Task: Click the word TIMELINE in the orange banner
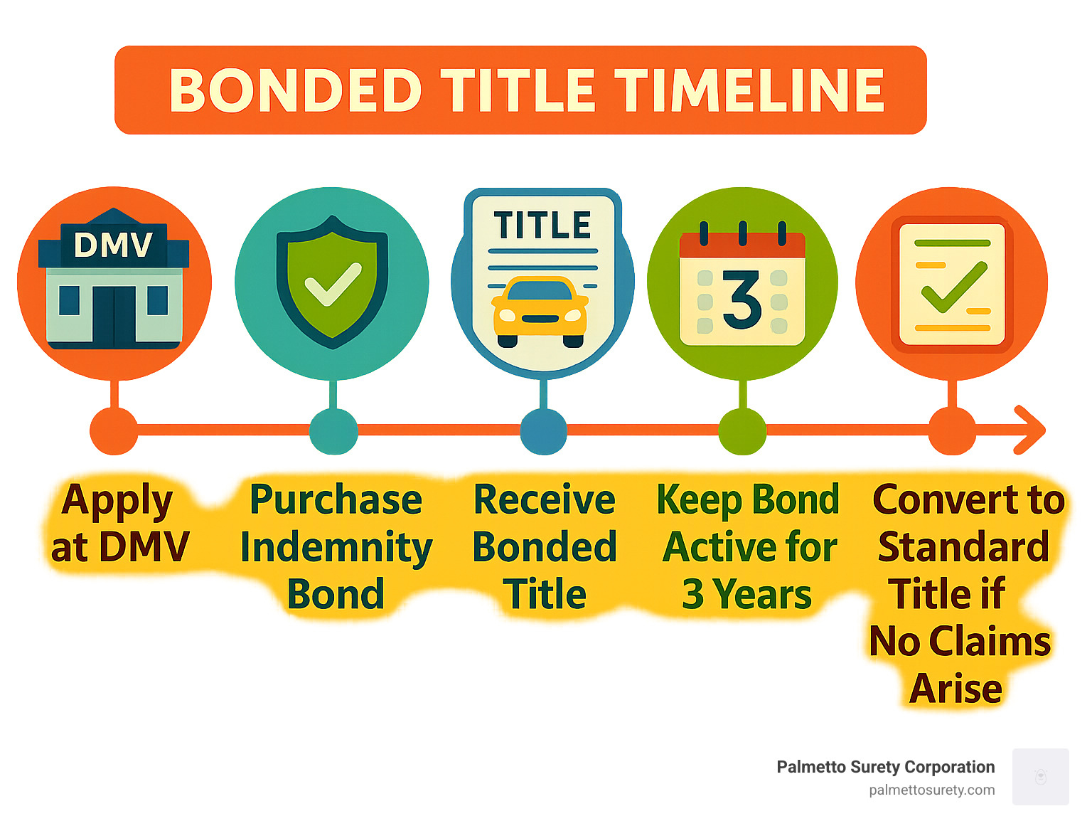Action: [x=749, y=91]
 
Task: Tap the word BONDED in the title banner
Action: [x=295, y=91]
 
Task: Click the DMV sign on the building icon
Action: [x=113, y=245]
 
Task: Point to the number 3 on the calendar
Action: [x=742, y=300]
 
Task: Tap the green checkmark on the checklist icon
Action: [x=953, y=287]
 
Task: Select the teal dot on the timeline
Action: [x=333, y=431]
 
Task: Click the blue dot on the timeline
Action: [x=543, y=431]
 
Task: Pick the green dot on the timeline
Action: [x=742, y=431]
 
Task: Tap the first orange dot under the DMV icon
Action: [x=114, y=431]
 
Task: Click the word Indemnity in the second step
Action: [x=336, y=548]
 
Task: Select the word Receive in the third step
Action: [x=544, y=499]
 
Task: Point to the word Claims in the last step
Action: [x=990, y=642]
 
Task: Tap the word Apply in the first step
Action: [x=117, y=501]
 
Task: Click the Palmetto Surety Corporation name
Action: [x=885, y=767]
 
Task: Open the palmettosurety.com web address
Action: [x=931, y=790]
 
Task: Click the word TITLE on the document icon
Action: [x=542, y=226]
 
